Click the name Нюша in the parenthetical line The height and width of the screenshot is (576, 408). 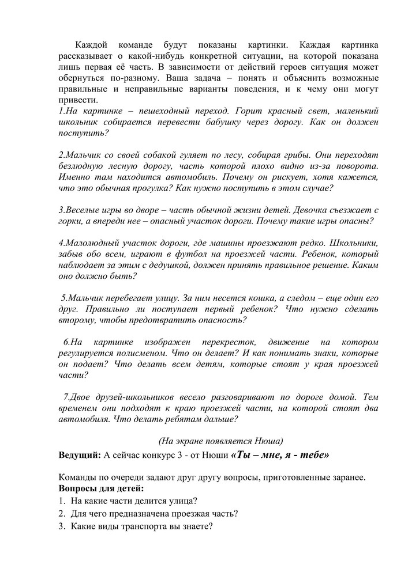tap(266, 441)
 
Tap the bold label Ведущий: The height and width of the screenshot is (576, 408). tap(80, 454)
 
